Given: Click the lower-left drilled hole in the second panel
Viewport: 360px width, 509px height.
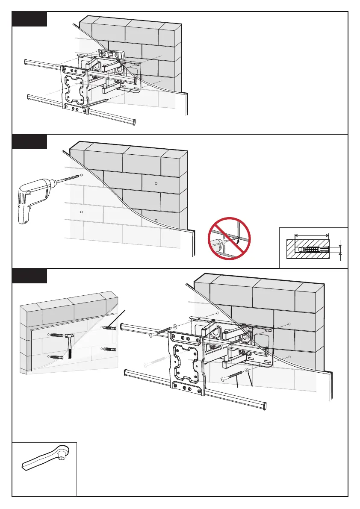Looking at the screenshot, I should click(81, 212).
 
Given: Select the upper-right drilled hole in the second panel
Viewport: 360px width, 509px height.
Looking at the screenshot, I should click(156, 183).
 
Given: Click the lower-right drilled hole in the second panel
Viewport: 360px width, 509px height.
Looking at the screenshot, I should click(156, 220).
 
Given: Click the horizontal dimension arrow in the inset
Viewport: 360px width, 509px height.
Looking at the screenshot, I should click(313, 234).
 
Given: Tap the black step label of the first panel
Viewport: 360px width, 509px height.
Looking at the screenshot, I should click(29, 19).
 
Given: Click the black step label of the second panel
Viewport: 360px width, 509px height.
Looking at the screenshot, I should click(29, 142).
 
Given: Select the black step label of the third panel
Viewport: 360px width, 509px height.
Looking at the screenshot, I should click(29, 276).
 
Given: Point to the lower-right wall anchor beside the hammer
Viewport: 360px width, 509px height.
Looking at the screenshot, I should click(109, 350).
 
